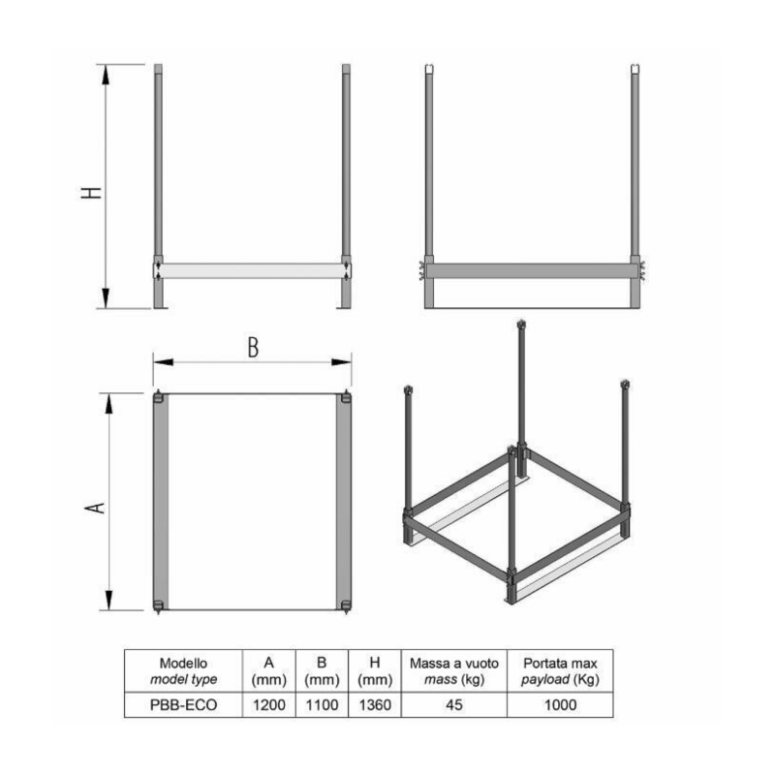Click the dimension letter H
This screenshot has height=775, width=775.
point(91,193)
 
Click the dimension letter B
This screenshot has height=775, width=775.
point(253,347)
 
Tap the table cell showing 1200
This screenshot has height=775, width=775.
point(269,705)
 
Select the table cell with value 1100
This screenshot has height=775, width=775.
point(322,705)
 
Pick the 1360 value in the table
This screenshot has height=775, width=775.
point(375,705)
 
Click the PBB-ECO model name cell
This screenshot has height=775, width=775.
point(183,705)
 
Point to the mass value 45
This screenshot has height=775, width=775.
point(453,705)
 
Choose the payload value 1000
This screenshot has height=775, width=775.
point(560,705)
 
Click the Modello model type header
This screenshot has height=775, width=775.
point(183,671)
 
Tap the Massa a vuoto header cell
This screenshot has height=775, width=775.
point(453,671)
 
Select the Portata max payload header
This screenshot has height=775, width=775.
point(560,671)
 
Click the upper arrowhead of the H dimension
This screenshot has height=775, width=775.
point(106,75)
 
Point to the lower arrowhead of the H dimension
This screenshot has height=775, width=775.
point(106,298)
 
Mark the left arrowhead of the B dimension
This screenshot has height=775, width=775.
point(163,362)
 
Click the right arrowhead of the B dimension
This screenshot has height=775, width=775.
point(342,362)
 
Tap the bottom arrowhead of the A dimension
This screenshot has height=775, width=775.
point(109,601)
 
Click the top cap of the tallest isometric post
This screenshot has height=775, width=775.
point(521,325)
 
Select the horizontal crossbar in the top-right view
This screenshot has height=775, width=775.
point(532,271)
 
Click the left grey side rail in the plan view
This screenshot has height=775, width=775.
point(161,502)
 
